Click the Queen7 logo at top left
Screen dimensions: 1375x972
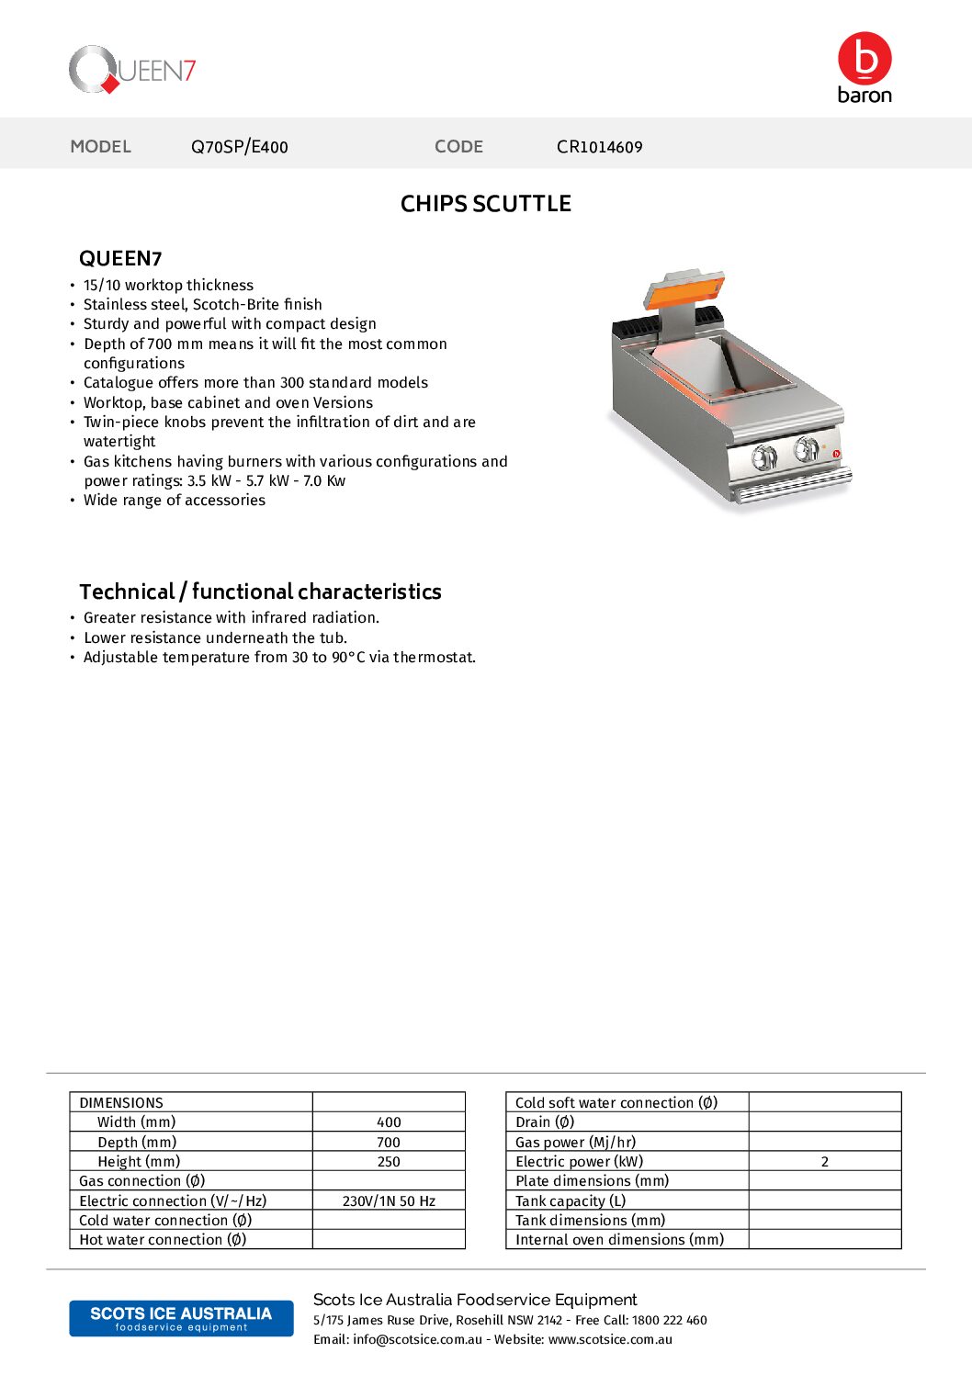click(132, 70)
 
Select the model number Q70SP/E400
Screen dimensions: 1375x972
click(239, 147)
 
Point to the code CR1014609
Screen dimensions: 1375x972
click(599, 147)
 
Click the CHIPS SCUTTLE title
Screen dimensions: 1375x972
click(485, 204)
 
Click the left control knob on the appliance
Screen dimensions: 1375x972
click(763, 456)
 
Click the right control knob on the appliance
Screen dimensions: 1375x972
click(806, 448)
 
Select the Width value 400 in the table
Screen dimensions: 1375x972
click(389, 1122)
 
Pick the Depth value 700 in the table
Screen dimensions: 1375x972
click(389, 1143)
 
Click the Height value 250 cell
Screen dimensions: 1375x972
click(389, 1162)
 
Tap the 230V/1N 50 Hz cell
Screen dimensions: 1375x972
click(389, 1201)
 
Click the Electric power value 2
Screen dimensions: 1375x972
click(824, 1162)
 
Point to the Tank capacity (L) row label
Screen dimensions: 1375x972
click(571, 1201)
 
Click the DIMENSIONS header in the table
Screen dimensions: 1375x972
click(121, 1103)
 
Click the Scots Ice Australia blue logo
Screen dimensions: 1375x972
click(181, 1318)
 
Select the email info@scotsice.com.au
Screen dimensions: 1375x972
click(417, 1340)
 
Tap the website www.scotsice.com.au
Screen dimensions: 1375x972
click(610, 1340)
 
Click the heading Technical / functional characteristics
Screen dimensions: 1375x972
click(260, 592)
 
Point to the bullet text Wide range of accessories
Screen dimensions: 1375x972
click(175, 501)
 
